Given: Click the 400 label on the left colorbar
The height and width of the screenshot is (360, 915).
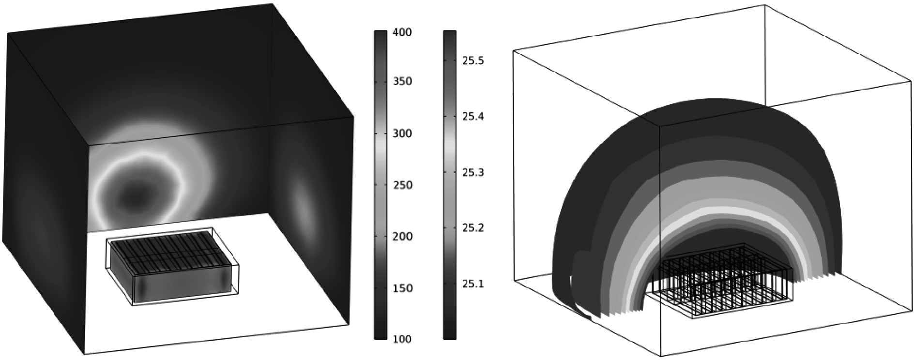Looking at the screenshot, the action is [402, 32].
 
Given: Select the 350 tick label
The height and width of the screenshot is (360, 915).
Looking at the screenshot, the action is [402, 81].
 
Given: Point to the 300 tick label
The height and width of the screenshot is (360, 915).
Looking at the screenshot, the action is [402, 133].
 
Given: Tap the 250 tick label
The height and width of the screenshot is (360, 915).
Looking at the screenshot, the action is [402, 185].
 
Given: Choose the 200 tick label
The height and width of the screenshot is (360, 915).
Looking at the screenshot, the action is [402, 237].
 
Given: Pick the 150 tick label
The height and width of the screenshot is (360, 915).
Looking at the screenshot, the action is [402, 288].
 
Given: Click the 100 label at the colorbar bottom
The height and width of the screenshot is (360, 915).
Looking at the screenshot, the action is [402, 339].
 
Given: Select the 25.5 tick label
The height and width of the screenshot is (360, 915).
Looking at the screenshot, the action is [473, 61].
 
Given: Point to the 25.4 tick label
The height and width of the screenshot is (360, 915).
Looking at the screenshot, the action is [473, 117].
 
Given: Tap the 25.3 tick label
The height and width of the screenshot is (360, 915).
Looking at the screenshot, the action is [473, 172].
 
